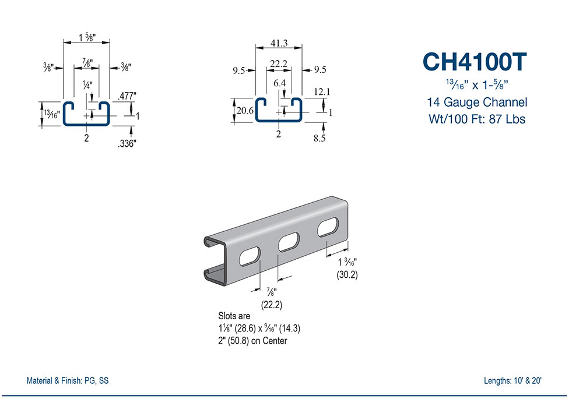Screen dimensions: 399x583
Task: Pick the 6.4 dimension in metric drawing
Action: click(x=279, y=83)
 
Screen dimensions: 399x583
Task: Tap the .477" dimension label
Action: click(x=127, y=96)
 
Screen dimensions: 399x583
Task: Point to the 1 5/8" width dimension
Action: click(x=87, y=38)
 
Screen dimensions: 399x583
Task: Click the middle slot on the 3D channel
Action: click(x=289, y=242)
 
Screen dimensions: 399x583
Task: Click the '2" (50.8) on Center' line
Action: click(x=252, y=341)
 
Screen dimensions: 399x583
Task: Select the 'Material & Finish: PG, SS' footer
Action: click(x=68, y=381)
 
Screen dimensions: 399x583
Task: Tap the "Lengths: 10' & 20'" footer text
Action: click(x=513, y=381)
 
